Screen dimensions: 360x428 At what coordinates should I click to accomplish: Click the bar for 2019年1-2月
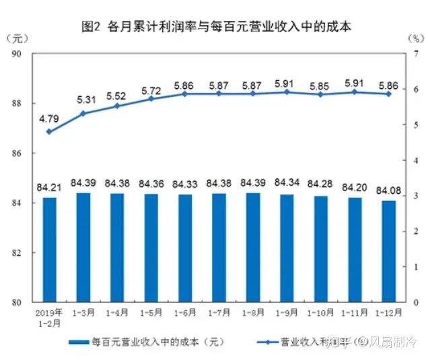pyautogui.click(x=49, y=250)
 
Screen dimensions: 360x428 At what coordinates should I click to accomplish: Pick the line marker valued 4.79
pyautogui.click(x=49, y=132)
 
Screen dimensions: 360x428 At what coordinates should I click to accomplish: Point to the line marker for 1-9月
pyautogui.click(x=287, y=92)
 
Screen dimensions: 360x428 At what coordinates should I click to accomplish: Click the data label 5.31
pyautogui.click(x=83, y=100)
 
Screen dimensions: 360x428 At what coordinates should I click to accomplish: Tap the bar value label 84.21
pyautogui.click(x=49, y=185)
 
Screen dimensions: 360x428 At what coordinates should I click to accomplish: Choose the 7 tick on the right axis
pyautogui.click(x=417, y=54)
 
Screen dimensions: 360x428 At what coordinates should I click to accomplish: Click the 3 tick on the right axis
pyautogui.click(x=417, y=196)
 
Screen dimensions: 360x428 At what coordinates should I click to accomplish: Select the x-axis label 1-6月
pyautogui.click(x=185, y=312)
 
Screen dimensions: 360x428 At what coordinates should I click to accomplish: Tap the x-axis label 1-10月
pyautogui.click(x=321, y=312)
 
